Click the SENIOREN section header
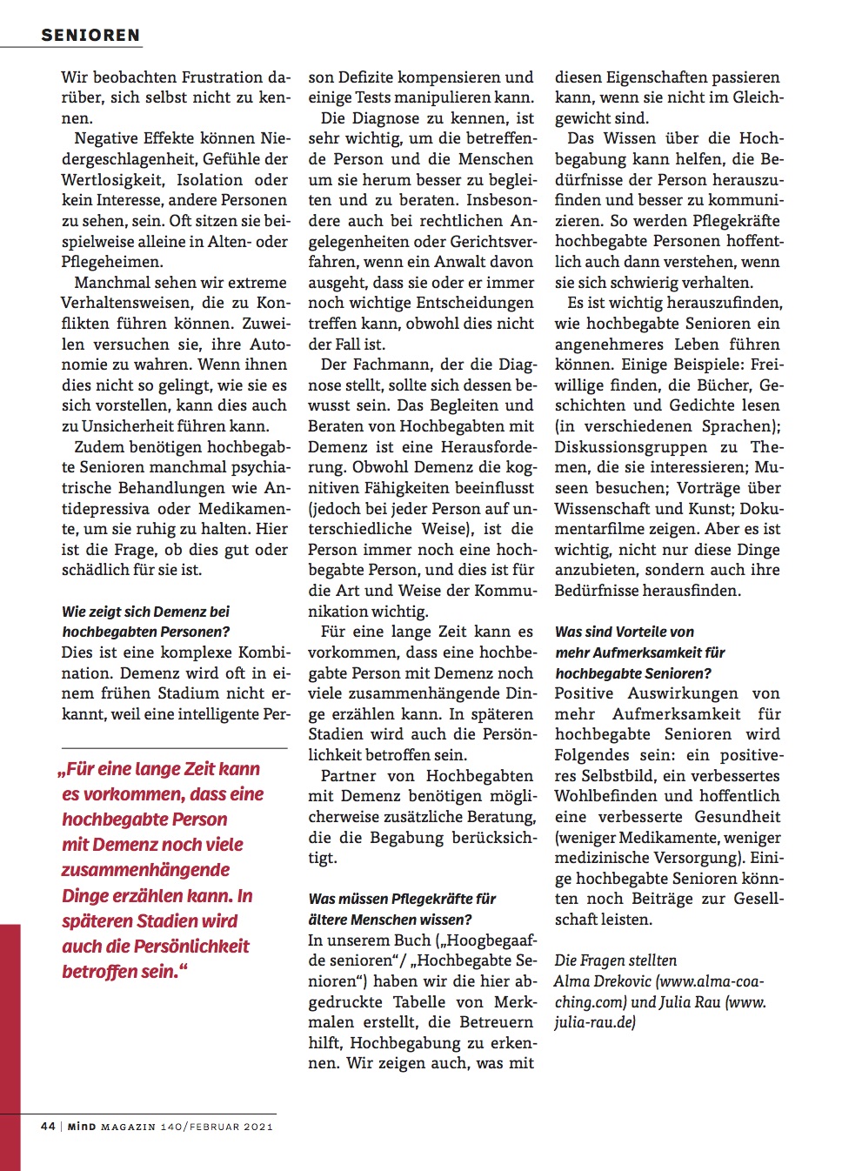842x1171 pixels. [90, 36]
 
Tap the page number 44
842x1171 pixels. [48, 1126]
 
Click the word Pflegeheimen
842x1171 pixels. [112, 262]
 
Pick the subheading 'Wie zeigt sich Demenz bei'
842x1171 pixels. [145, 612]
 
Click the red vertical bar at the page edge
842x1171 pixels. [10, 1018]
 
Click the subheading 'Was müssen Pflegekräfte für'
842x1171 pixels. [402, 899]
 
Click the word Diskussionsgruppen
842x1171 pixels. [631, 446]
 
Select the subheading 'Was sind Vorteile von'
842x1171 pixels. [625, 632]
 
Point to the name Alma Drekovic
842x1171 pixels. [602, 981]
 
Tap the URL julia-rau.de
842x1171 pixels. [595, 1022]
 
